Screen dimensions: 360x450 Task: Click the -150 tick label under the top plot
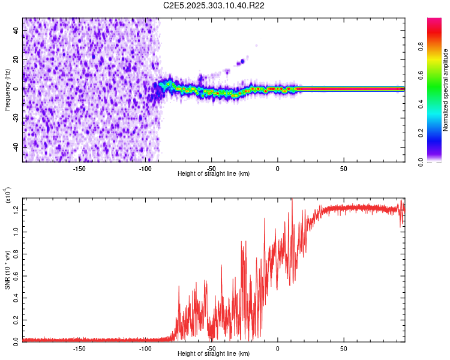click(x=79, y=168)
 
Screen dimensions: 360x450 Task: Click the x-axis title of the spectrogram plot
click(x=214, y=174)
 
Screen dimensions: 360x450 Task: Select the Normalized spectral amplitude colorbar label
click(x=446, y=90)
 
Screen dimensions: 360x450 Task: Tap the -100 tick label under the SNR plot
click(x=145, y=348)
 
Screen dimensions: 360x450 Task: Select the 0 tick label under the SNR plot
click(x=277, y=348)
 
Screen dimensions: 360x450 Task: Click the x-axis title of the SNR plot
click(x=214, y=354)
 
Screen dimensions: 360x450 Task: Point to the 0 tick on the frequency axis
click(x=17, y=89)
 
